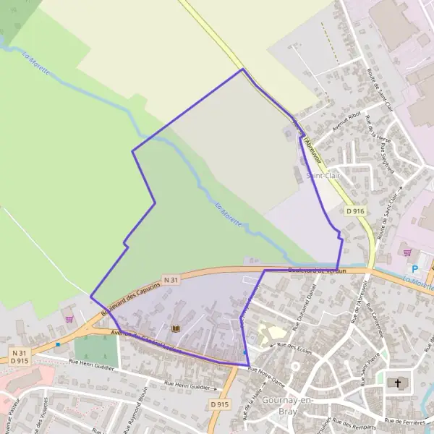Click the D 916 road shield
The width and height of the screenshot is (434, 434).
coord(354,210)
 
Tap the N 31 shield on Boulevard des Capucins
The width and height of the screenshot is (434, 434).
coord(171,280)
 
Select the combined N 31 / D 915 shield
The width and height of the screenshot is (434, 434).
coord(20,356)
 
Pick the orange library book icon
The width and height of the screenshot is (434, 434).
coord(174,328)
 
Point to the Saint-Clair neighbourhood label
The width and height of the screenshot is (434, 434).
coord(323,175)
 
